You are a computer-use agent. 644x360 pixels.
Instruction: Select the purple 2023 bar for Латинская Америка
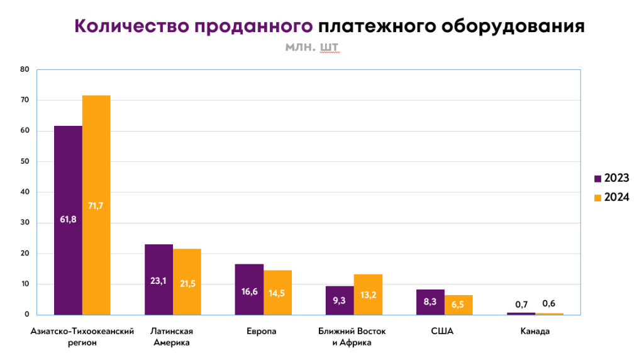[x=158, y=264]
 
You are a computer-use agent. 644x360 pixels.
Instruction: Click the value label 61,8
[x=68, y=219]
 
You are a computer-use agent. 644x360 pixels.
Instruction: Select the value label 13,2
[x=368, y=295]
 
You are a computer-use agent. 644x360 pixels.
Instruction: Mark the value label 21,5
[x=187, y=284]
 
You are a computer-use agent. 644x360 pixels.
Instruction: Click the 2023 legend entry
[x=611, y=178]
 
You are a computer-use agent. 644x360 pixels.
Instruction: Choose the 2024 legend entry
[x=611, y=198]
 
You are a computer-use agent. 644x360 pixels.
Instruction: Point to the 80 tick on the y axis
[x=25, y=69]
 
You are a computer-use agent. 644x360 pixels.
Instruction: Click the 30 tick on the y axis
[x=25, y=223]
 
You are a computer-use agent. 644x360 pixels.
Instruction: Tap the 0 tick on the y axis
[x=27, y=315]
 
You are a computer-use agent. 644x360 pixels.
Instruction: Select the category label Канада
[x=535, y=332]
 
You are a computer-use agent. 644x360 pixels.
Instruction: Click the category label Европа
[x=263, y=332]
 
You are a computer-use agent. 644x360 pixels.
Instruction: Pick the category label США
[x=444, y=332]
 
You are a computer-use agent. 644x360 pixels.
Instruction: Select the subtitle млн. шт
[x=312, y=47]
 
